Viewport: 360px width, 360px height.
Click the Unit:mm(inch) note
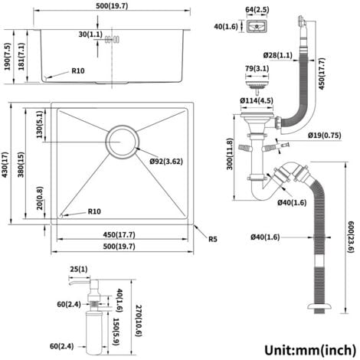[x=310, y=349]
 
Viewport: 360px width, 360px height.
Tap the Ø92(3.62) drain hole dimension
[x=166, y=162]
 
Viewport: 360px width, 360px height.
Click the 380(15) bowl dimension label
[x=21, y=165]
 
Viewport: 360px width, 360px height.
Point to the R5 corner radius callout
[x=213, y=239]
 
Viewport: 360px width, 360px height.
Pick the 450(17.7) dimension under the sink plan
[x=119, y=234]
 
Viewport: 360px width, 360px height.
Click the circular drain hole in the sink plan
[x=123, y=142]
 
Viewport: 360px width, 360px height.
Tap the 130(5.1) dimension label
[x=40, y=124]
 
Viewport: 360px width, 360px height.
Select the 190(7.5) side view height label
[x=8, y=57]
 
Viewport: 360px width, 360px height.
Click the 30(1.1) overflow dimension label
[x=90, y=34]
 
